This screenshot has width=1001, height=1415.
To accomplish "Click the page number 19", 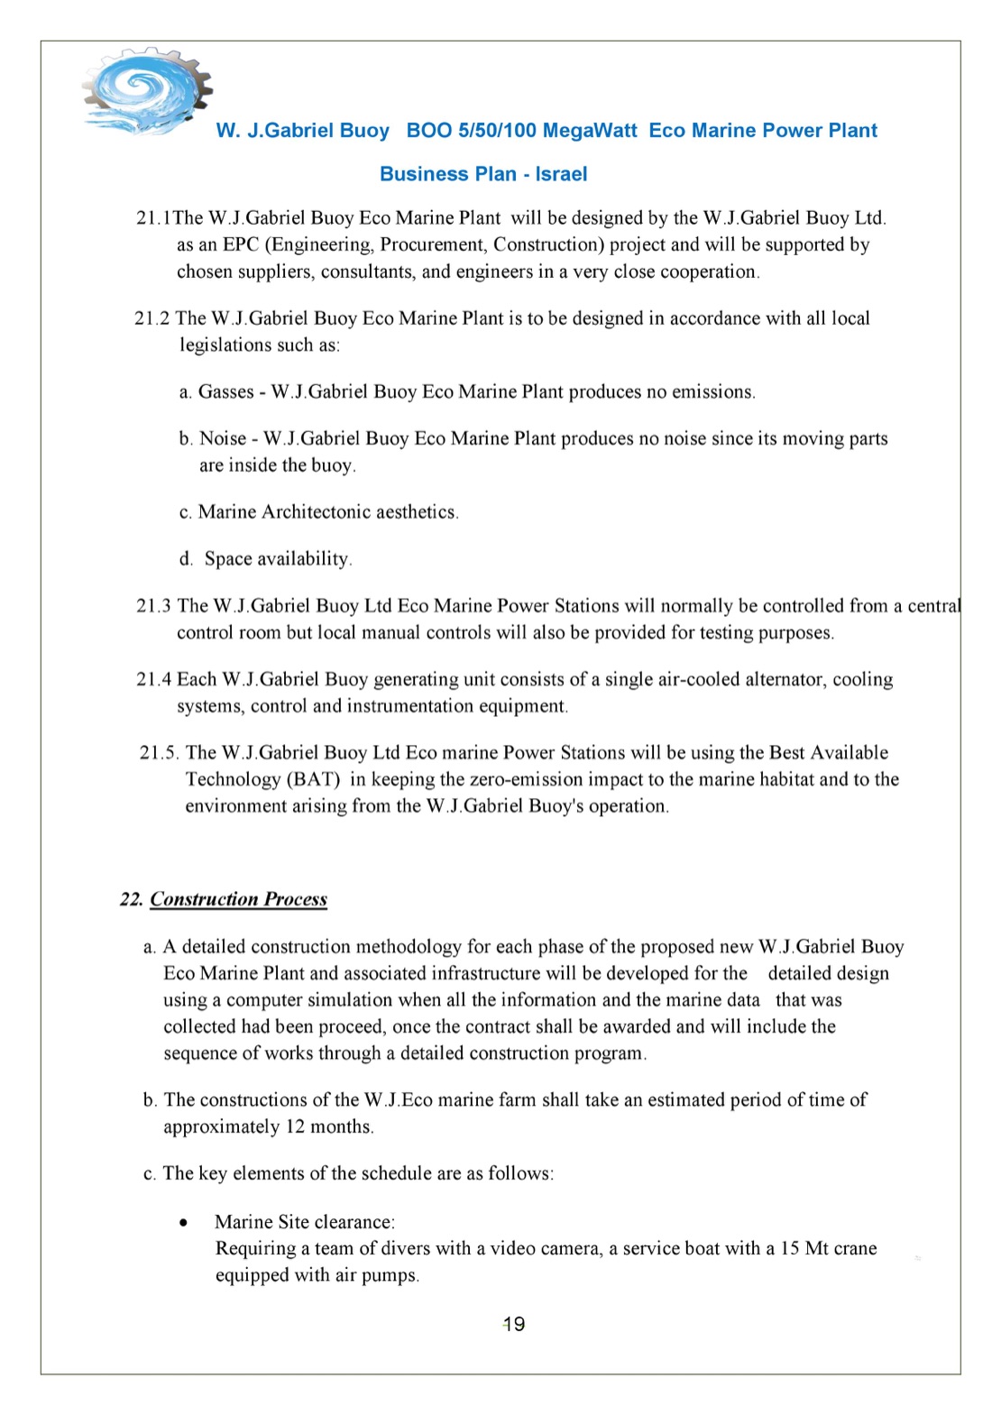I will [x=514, y=1324].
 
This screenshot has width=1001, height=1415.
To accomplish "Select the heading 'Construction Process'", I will [x=238, y=899].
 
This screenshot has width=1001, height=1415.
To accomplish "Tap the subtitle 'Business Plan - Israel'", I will [x=483, y=174].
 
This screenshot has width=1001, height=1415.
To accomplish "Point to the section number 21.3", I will [x=153, y=606].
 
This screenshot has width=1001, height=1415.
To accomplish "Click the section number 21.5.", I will [x=159, y=753].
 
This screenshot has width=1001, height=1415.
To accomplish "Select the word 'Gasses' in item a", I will [x=225, y=392].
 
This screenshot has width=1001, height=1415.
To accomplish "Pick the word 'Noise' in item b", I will [x=223, y=439].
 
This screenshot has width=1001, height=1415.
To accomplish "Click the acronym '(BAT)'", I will [x=312, y=780].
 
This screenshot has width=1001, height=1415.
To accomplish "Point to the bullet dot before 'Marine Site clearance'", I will [x=184, y=1224].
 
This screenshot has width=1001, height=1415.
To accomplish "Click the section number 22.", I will [x=131, y=899].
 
